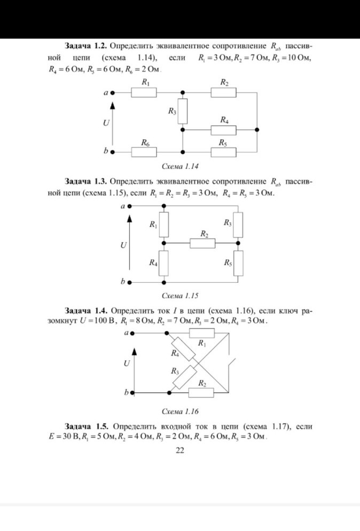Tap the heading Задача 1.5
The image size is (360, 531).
[x=86, y=427]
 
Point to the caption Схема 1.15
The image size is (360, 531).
[x=179, y=295]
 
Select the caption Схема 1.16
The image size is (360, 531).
[x=179, y=411]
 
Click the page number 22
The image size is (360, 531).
[x=179, y=451]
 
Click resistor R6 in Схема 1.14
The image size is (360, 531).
[x=144, y=151]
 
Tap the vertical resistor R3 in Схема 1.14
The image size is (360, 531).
[x=183, y=110]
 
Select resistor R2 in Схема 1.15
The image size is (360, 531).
[x=203, y=243]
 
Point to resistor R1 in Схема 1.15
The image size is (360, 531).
[x=164, y=225]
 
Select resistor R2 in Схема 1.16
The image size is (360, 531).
[x=202, y=393]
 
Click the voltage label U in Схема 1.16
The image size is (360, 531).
[x=127, y=363]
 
